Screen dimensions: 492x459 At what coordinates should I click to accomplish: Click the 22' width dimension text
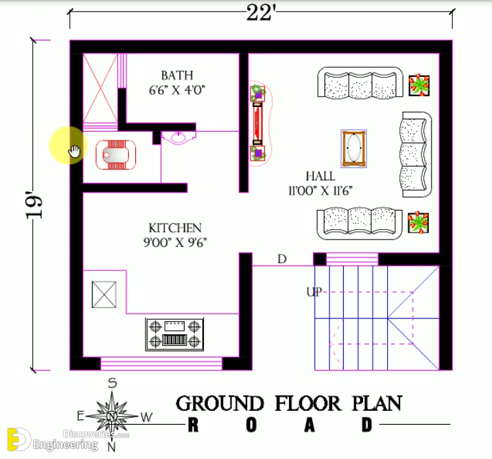261,14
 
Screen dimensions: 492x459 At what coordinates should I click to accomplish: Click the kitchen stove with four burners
174,334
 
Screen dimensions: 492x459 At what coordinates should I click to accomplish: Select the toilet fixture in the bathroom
116,155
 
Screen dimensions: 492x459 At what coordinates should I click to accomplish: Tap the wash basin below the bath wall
178,138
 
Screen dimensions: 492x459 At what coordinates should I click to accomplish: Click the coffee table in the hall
354,148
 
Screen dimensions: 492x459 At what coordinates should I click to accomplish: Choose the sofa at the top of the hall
360,83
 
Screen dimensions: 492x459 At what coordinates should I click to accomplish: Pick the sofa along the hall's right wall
417,154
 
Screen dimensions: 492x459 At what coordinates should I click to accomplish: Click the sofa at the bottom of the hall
360,224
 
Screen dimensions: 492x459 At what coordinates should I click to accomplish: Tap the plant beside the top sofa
419,85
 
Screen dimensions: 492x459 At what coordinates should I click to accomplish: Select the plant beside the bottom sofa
419,223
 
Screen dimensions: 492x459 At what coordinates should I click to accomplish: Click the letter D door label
282,259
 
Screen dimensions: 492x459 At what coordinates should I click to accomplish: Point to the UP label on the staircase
314,292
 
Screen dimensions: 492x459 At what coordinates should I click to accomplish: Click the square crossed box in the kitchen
104,294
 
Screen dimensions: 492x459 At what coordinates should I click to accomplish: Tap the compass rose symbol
113,416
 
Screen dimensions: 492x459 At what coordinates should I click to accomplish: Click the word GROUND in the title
220,403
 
